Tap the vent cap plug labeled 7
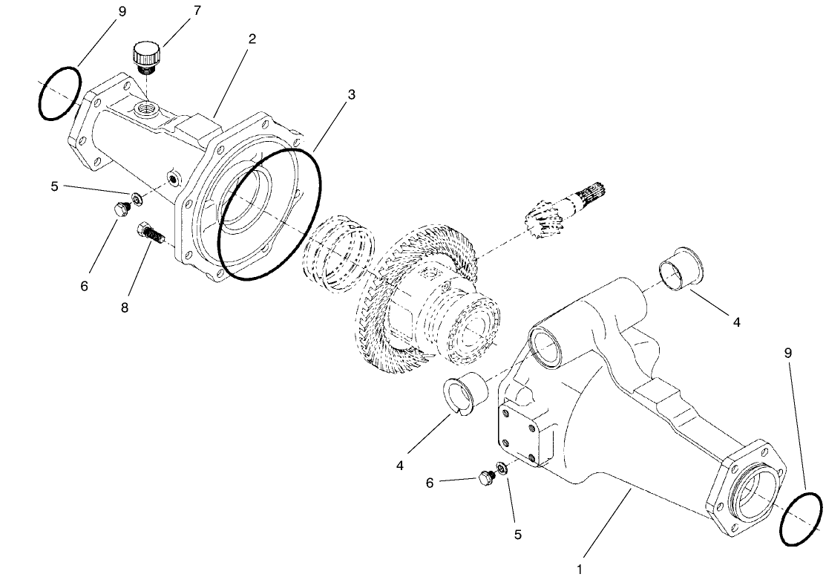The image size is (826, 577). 145,57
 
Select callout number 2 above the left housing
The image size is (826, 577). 252,39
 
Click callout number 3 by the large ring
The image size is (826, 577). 351,95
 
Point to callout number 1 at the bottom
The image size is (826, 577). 580,569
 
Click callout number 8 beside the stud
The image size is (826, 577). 124,307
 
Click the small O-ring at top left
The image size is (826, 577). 60,93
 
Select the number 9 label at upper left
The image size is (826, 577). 122,11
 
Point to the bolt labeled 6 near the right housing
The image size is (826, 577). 488,476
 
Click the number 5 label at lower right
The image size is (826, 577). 517,534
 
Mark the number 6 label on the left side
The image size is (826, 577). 84,285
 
